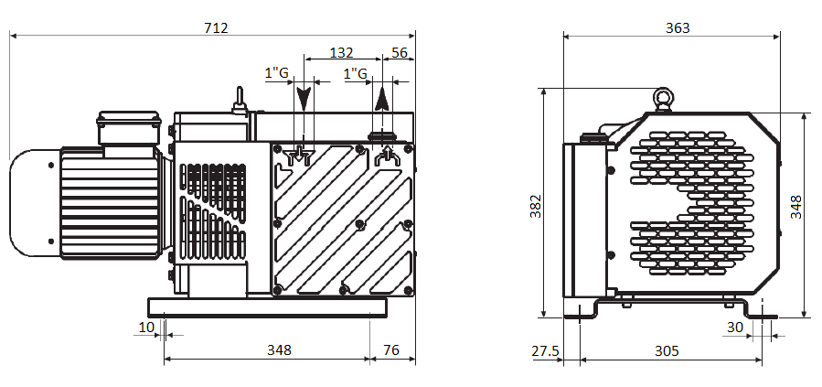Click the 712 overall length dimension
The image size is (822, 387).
216,27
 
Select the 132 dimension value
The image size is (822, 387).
341,52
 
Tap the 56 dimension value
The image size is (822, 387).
400,52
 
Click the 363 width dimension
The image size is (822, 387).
678,27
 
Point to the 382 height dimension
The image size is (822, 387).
535,206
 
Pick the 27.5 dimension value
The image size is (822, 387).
545,350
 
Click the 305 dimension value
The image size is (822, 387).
667,350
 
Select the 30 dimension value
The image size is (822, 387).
735,328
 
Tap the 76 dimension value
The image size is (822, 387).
391,349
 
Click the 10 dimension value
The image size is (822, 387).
146,328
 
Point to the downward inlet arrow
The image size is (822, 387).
304,98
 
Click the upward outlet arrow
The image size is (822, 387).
383,99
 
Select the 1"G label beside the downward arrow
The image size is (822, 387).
277,73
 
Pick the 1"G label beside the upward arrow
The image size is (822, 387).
355,73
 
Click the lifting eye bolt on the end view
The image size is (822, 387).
664,99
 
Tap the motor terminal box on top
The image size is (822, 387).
128,127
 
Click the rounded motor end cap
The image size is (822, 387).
35,203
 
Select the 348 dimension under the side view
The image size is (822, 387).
279,349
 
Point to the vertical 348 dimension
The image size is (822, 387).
795,207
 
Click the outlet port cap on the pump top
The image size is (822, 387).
383,137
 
